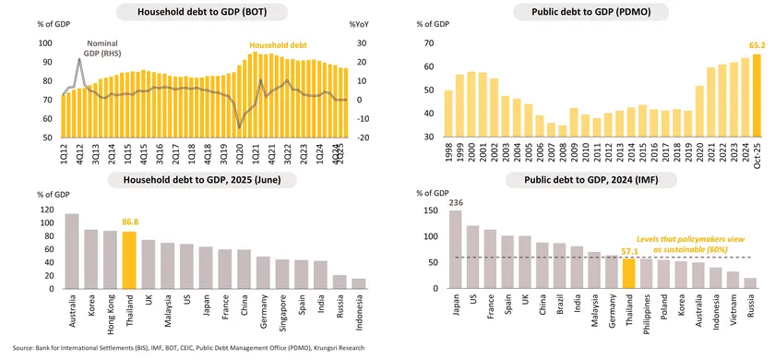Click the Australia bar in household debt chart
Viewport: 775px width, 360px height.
click(71, 252)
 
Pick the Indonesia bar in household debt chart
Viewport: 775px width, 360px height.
click(360, 284)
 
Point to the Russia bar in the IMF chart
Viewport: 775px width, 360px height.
click(750, 284)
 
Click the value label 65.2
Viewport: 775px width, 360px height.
click(755, 44)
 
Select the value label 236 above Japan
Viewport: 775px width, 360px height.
click(455, 203)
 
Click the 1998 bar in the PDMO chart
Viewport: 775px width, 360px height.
click(448, 114)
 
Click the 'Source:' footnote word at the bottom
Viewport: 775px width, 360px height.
click(25, 348)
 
